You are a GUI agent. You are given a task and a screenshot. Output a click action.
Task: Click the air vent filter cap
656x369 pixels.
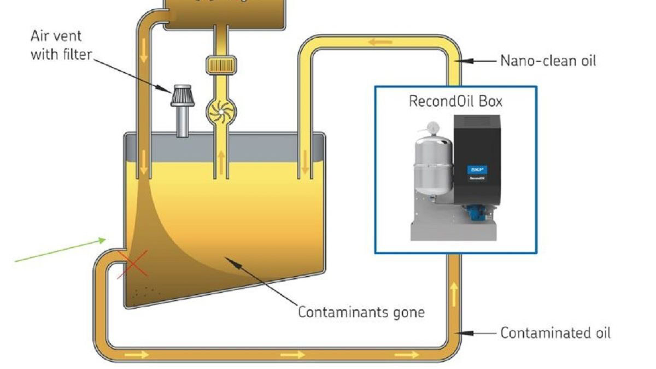click(181, 96)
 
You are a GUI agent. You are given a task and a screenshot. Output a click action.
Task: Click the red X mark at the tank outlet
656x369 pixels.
click(133, 263)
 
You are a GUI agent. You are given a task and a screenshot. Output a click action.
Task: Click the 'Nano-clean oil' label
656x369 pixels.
click(548, 61)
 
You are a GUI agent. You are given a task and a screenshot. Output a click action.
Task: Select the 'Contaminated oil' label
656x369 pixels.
click(555, 332)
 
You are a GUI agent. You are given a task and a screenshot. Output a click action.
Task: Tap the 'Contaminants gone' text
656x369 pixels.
click(361, 312)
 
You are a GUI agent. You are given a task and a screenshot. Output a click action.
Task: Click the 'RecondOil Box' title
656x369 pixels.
click(455, 101)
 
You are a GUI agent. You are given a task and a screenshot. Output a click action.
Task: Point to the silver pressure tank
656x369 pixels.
click(431, 167)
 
